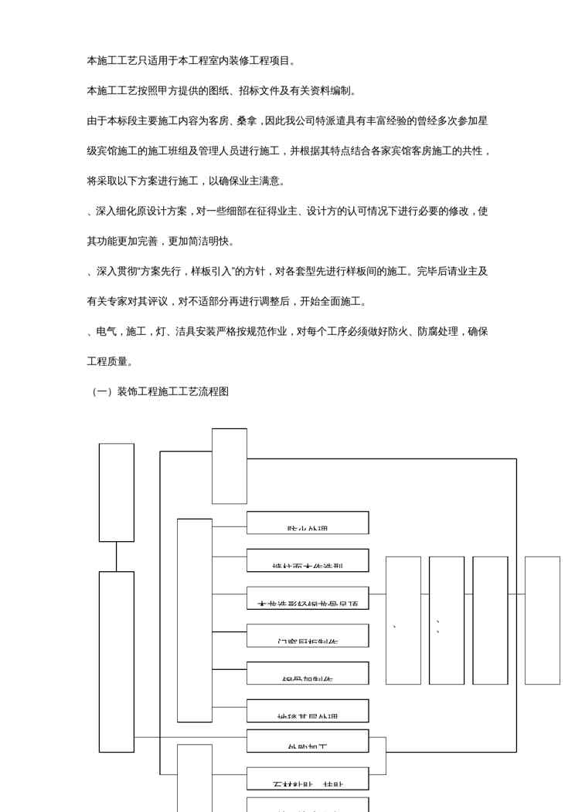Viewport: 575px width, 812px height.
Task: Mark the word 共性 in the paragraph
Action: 472,151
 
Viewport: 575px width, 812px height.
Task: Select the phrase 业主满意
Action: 265,181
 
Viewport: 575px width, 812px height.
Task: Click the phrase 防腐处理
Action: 444,331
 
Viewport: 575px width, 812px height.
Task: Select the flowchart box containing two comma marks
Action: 447,621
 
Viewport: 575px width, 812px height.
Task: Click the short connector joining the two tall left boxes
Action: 117,557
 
